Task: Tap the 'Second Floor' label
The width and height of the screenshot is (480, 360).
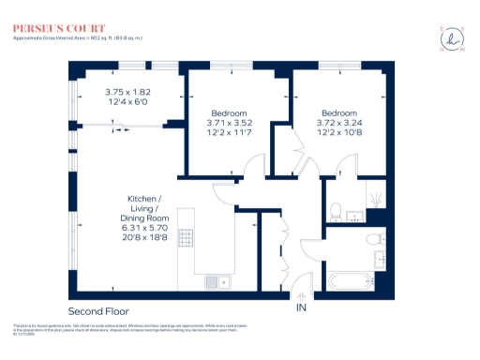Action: click(98, 310)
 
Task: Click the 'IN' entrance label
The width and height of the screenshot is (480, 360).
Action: click(302, 307)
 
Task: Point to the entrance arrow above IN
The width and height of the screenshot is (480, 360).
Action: click(302, 296)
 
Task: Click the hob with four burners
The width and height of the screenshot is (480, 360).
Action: click(187, 238)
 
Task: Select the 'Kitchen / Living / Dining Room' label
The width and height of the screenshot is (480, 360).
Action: click(142, 208)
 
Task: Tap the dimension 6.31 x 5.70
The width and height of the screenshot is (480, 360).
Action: click(142, 227)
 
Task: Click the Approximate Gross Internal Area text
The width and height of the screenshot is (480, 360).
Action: click(77, 37)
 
